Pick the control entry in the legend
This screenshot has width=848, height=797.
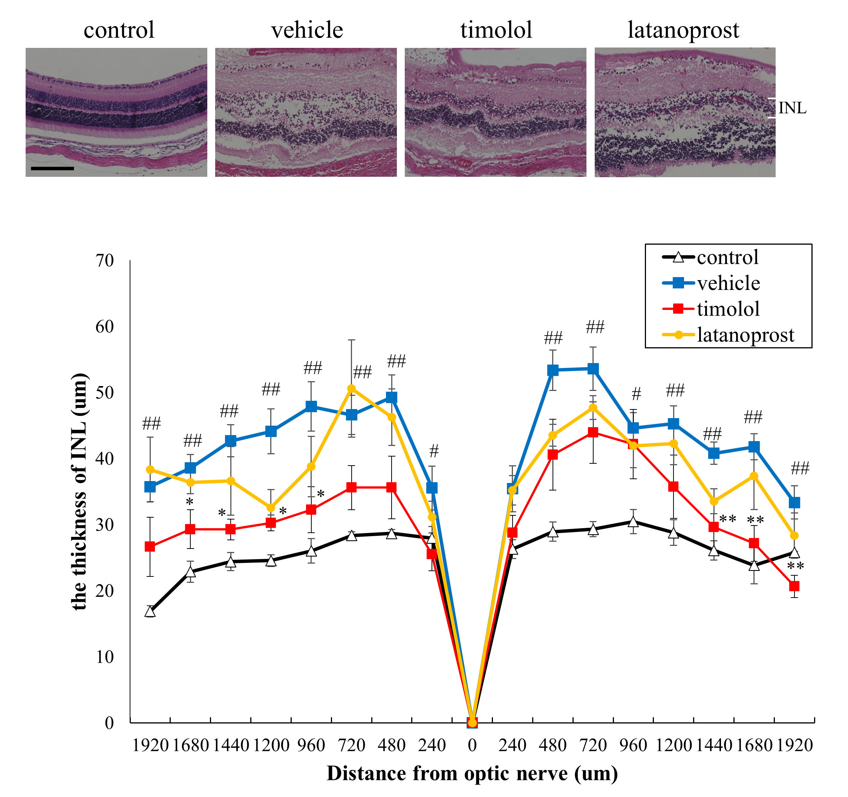727,257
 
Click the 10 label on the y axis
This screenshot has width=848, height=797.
104,657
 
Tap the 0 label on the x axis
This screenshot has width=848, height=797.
472,745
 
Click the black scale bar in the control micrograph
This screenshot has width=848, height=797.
52,169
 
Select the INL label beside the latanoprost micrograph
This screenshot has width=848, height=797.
792,108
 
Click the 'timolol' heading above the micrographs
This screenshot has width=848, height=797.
496,30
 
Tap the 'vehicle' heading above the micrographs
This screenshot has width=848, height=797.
307,30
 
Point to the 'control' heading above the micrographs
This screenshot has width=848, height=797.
119,30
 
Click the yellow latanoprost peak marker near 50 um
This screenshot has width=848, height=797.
352,389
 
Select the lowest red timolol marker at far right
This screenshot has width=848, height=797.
794,586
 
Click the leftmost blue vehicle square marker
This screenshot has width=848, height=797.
150,487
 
